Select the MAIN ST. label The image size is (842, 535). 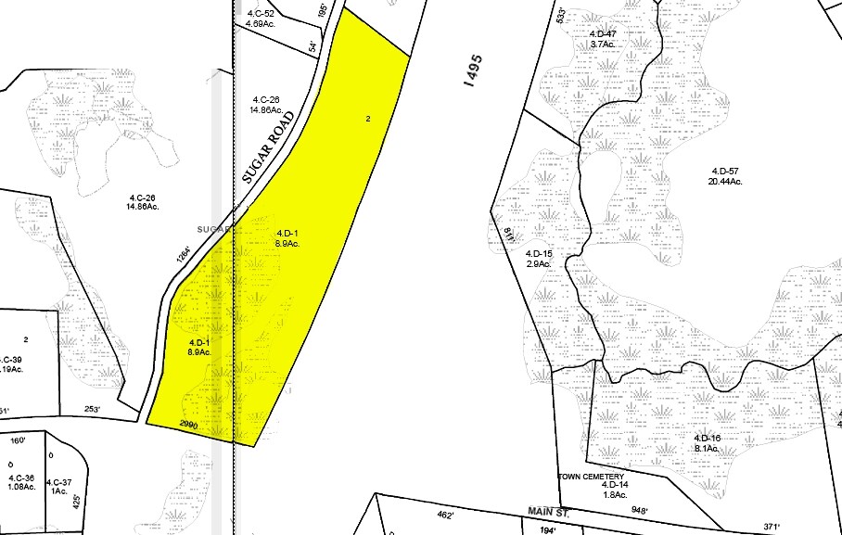[x=548, y=511]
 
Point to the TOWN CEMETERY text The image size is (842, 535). [x=591, y=476]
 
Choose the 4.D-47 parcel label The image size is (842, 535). [x=603, y=33]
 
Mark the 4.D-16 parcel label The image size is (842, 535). [x=707, y=438]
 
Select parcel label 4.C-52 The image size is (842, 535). [x=261, y=13]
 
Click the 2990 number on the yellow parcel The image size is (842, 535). [x=188, y=424]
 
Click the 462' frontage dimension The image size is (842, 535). [x=445, y=514]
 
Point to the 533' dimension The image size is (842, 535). [x=560, y=17]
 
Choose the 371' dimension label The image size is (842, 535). [x=772, y=526]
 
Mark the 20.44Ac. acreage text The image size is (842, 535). [x=724, y=181]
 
